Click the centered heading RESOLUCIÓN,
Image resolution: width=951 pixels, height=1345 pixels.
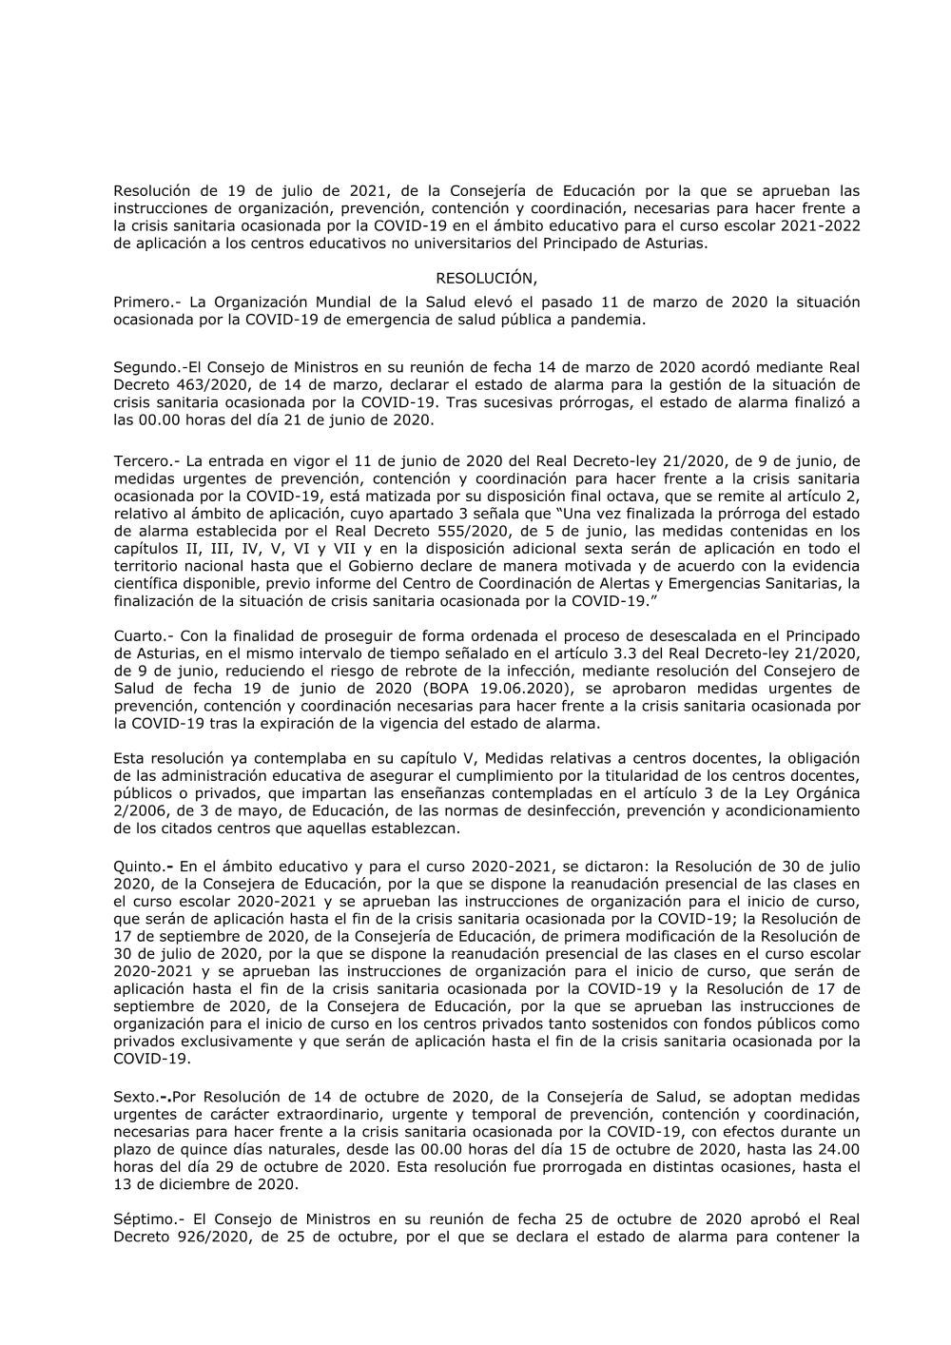coord(486,279)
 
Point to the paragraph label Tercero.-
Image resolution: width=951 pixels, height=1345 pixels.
coord(146,461)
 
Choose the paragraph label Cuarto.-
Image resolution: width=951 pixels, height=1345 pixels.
coord(144,635)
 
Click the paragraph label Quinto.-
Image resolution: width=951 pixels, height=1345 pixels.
coord(143,867)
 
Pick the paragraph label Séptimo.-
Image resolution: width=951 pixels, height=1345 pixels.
coord(148,1219)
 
